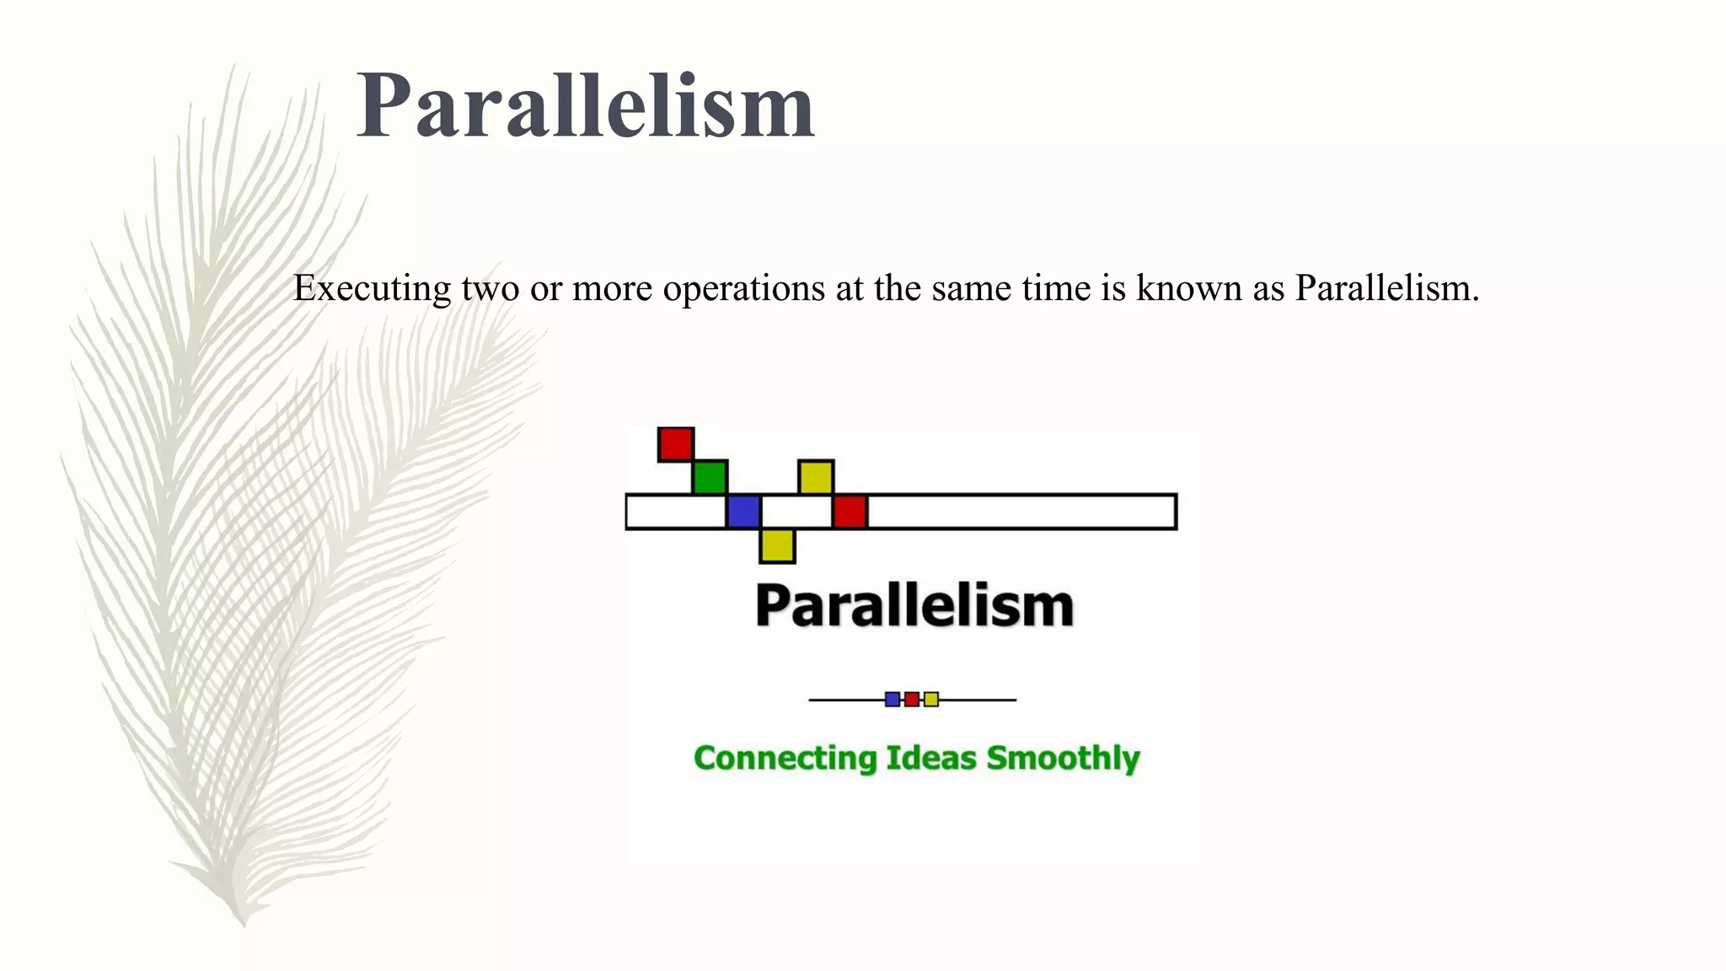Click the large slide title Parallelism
pos(586,106)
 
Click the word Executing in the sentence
pos(372,289)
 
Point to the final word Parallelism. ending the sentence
pos(1386,289)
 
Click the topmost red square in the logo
pos(676,444)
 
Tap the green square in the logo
pos(710,477)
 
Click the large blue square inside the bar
pos(743,512)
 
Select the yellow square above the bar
pos(816,477)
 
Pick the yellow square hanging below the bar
pos(777,545)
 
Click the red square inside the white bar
pos(850,512)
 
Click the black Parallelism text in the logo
pos(914,605)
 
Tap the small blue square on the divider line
pos(892,699)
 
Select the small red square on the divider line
pos(912,699)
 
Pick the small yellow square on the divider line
pos(931,699)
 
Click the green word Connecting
pos(785,758)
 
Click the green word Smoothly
pos(1063,758)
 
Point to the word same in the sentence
pos(973,289)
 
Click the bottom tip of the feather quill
pos(244,923)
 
